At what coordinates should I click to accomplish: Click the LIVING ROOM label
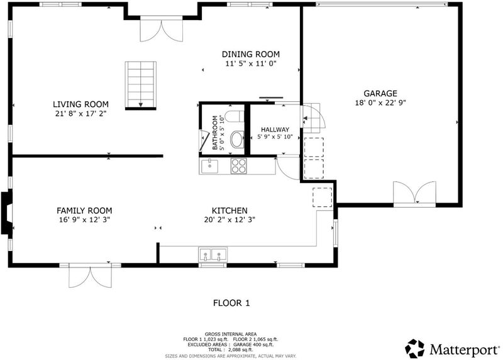(x=80, y=104)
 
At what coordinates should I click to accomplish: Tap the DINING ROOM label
(x=250, y=54)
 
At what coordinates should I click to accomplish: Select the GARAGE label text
(x=380, y=93)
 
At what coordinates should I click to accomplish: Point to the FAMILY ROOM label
(x=84, y=211)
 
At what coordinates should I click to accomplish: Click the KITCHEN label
(x=229, y=211)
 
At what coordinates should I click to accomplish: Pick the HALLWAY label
(x=275, y=130)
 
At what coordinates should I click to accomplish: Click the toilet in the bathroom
(x=235, y=116)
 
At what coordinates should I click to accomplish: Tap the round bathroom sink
(x=238, y=139)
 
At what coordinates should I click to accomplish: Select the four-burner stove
(x=239, y=166)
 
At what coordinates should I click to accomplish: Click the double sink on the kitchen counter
(x=213, y=254)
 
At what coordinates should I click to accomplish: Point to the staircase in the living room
(x=140, y=86)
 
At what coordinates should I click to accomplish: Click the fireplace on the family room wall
(x=7, y=213)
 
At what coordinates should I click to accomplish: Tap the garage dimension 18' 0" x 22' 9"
(x=380, y=103)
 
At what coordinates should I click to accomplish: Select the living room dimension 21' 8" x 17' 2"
(x=80, y=113)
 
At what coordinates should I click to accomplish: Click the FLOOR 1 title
(x=231, y=303)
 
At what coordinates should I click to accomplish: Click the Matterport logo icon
(x=414, y=349)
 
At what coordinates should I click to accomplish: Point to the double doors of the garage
(x=414, y=193)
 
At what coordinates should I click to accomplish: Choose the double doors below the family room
(x=91, y=276)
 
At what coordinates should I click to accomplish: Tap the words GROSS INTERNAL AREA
(x=231, y=334)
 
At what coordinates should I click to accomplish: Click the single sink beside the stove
(x=209, y=166)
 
